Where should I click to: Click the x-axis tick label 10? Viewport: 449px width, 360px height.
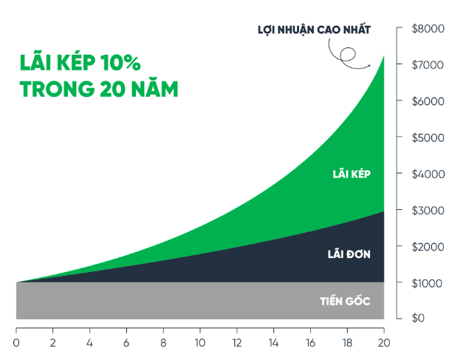200,343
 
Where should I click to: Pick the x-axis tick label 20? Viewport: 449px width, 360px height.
383,343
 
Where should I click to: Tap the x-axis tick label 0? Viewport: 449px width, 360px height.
16,343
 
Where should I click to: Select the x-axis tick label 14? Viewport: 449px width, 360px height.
273,343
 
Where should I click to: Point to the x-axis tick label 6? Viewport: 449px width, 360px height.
126,343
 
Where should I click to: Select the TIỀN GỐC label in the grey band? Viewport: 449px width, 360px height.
345,301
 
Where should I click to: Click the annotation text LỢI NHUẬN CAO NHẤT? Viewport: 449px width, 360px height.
313,30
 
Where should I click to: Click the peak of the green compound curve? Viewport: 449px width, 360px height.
383,55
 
